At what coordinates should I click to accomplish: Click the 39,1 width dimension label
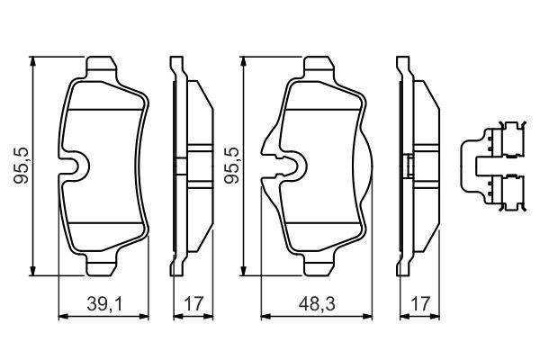point(104,304)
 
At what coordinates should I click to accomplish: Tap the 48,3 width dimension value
point(317,304)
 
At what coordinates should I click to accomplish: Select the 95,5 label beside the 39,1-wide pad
point(21,166)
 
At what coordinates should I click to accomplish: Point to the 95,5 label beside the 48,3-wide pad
point(231,166)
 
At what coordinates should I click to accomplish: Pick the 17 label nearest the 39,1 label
point(193,304)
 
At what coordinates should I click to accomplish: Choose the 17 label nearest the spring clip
point(420,304)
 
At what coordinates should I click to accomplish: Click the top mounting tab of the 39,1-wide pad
point(102,67)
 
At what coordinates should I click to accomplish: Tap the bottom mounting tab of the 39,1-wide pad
point(102,265)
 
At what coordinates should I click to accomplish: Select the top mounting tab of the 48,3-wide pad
point(319,67)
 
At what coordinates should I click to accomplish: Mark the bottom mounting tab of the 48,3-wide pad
point(319,265)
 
